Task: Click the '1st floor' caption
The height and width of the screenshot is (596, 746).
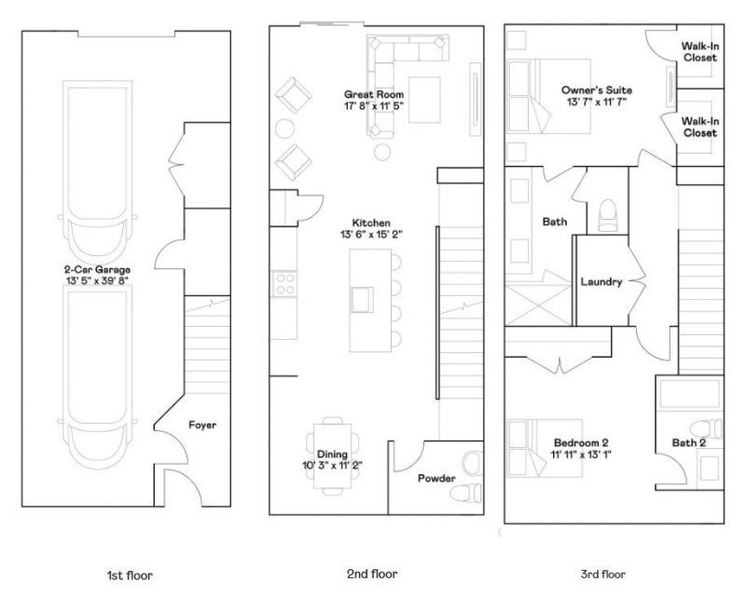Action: tap(130, 576)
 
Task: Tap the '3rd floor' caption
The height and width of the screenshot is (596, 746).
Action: tap(602, 575)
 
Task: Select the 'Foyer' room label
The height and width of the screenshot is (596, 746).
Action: tap(202, 425)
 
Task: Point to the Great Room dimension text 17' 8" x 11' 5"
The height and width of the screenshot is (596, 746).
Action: tap(374, 106)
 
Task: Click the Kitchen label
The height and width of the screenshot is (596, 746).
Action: tap(371, 223)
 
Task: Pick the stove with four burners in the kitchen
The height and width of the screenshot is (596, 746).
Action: tap(285, 284)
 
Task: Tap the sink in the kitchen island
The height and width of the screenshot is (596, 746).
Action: tap(362, 300)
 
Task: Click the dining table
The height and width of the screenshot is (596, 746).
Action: tap(333, 456)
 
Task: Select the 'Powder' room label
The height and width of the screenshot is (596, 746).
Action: tap(436, 478)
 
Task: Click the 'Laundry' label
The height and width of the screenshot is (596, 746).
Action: tap(601, 282)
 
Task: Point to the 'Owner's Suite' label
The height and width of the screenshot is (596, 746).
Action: tap(597, 89)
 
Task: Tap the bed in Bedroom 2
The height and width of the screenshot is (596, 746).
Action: tap(546, 448)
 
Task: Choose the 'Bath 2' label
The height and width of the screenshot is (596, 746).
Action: tap(689, 443)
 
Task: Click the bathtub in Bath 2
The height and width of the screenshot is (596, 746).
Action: tap(690, 394)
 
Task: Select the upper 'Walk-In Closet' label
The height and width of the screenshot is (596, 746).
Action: tap(700, 52)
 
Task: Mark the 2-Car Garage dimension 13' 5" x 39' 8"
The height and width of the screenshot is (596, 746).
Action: tap(98, 281)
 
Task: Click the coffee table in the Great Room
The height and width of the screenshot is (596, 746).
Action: tap(424, 100)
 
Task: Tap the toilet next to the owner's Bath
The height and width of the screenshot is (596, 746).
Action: tap(607, 215)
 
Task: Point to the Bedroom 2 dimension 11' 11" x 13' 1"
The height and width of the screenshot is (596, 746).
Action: tap(581, 454)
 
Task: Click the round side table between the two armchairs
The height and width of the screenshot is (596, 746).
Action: tap(285, 129)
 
